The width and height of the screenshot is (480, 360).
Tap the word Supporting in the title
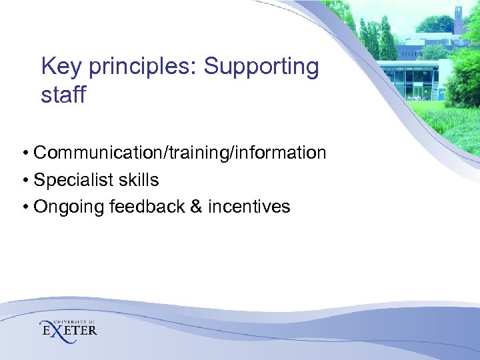click(261, 67)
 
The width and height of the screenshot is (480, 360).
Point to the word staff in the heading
click(63, 95)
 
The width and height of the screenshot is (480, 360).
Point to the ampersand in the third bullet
click(196, 207)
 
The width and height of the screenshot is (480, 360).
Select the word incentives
click(249, 207)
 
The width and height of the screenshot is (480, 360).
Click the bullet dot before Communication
click(24, 154)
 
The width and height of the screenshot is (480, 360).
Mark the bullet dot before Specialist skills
click(24, 181)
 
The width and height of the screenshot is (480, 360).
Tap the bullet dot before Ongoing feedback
click(24, 207)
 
